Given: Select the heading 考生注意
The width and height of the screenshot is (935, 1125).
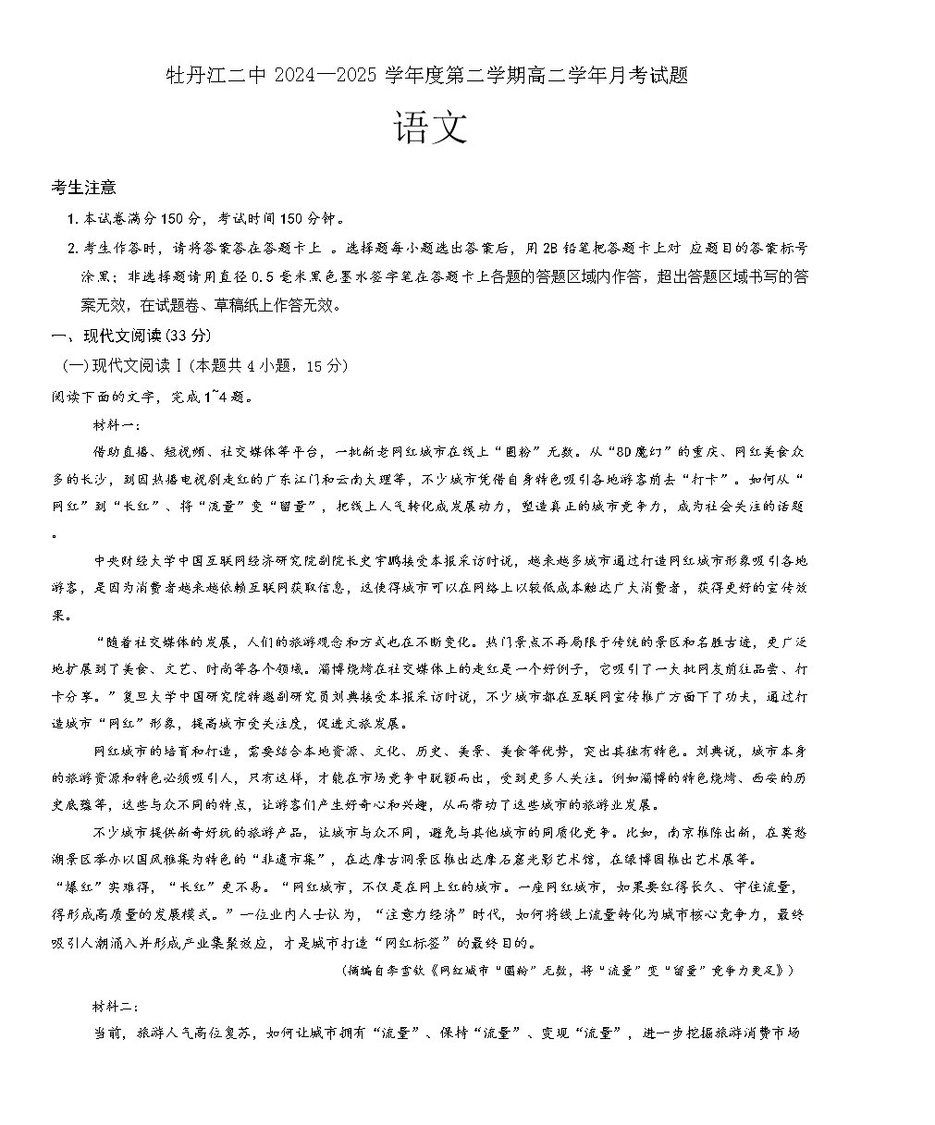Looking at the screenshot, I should point(84,188).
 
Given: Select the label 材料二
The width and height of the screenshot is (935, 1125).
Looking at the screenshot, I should point(114,1006).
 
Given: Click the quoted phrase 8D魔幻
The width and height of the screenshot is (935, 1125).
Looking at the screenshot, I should point(638,452).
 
